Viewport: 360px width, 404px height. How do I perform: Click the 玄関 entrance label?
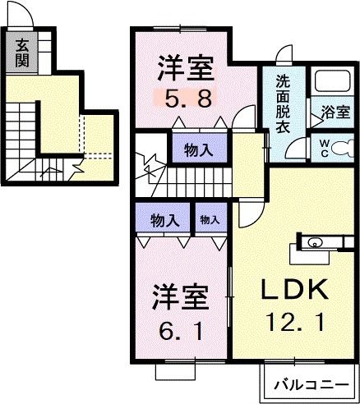point(21,53)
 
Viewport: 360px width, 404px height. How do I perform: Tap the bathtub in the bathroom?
point(333,81)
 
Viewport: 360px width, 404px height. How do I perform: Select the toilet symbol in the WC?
point(343,149)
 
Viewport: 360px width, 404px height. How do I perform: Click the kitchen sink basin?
point(313,243)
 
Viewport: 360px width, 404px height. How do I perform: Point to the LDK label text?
point(294,290)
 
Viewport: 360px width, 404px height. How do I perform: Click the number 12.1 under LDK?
point(295,322)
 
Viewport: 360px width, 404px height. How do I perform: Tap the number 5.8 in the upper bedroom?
point(188,99)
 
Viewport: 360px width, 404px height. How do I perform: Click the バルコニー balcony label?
point(312,385)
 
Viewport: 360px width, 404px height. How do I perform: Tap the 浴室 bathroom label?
point(336,112)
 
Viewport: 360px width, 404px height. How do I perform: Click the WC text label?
point(325,148)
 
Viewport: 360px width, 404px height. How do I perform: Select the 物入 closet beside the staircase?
point(198,150)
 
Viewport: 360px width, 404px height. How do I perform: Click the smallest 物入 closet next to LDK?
point(210,219)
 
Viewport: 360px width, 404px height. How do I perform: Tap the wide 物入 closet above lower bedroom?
point(165,221)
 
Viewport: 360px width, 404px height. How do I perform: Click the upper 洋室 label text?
point(186,68)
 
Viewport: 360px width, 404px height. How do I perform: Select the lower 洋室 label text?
point(179,298)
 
